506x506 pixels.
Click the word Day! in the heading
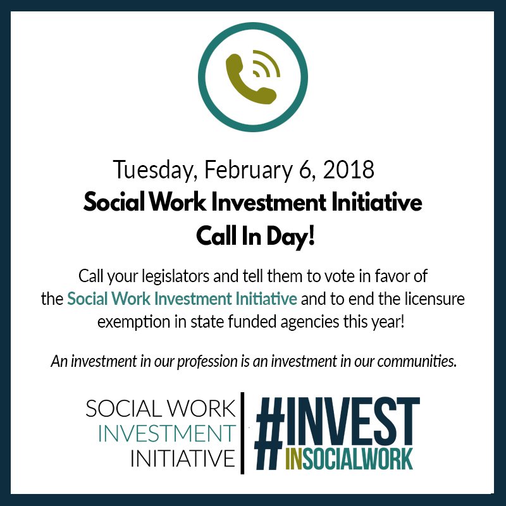tap(290, 237)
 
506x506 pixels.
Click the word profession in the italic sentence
tap(207, 361)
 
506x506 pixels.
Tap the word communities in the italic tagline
tap(417, 361)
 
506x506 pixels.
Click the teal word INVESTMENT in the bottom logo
tap(167, 433)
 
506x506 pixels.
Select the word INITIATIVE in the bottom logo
tap(183, 458)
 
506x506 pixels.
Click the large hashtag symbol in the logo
tap(269, 433)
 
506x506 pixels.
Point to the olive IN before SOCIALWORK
tap(294, 459)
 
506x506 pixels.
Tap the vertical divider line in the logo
tap(242, 433)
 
